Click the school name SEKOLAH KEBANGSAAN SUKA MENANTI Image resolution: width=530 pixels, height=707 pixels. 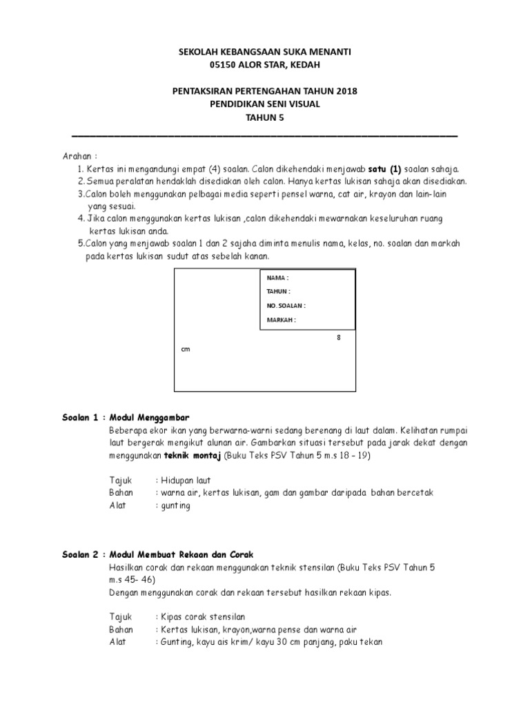(265, 52)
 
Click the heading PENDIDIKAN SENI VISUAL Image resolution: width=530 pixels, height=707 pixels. (265, 104)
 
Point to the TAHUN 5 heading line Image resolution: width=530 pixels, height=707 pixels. (265, 117)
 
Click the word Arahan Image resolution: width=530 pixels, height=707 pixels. (77, 156)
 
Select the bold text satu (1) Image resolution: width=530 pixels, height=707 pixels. (384, 169)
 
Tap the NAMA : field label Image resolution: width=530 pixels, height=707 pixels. (277, 277)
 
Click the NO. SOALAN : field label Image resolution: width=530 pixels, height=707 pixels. (286, 305)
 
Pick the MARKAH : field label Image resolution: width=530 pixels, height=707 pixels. (281, 320)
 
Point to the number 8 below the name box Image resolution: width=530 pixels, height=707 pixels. (339, 338)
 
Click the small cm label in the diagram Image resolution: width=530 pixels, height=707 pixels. (185, 349)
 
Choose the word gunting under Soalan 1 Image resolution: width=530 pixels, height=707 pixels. (175, 505)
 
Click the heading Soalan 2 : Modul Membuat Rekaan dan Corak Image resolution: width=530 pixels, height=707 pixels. (155, 554)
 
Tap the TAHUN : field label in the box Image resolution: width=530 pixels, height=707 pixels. (279, 291)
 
